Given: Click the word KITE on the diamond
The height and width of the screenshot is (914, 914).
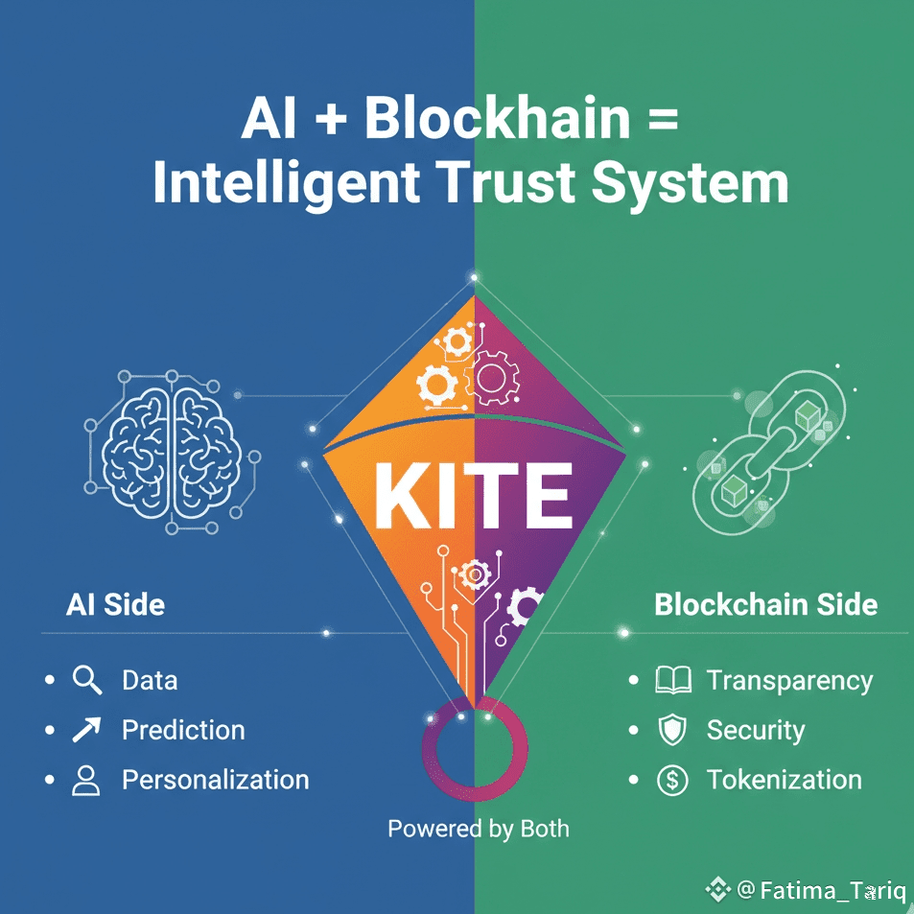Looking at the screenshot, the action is [474, 498].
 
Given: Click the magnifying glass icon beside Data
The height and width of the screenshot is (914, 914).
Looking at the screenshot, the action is [87, 681].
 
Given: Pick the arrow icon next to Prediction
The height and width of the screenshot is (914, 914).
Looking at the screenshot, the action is [86, 731].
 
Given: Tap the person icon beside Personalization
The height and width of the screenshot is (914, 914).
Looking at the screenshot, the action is [86, 780].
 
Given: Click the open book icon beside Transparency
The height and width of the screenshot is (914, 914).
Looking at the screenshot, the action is [672, 681].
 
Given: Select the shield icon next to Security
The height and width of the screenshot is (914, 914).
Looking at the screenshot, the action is [671, 731].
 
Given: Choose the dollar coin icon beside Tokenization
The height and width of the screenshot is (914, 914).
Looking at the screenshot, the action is [672, 780].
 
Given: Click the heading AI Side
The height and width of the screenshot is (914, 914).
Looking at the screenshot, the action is [115, 605].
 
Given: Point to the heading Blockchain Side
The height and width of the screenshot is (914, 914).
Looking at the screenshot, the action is [765, 605].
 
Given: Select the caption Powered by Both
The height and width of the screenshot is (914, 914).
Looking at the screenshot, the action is [478, 828].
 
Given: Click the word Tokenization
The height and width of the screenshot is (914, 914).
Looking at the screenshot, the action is [784, 780].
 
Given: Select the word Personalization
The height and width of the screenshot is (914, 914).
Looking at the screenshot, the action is [215, 780].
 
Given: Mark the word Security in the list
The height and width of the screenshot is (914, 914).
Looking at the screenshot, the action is [755, 731].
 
